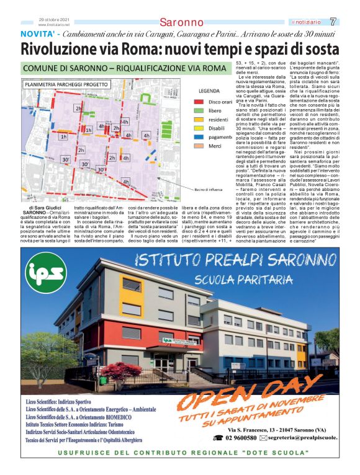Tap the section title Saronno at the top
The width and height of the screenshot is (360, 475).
click(x=181, y=22)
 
